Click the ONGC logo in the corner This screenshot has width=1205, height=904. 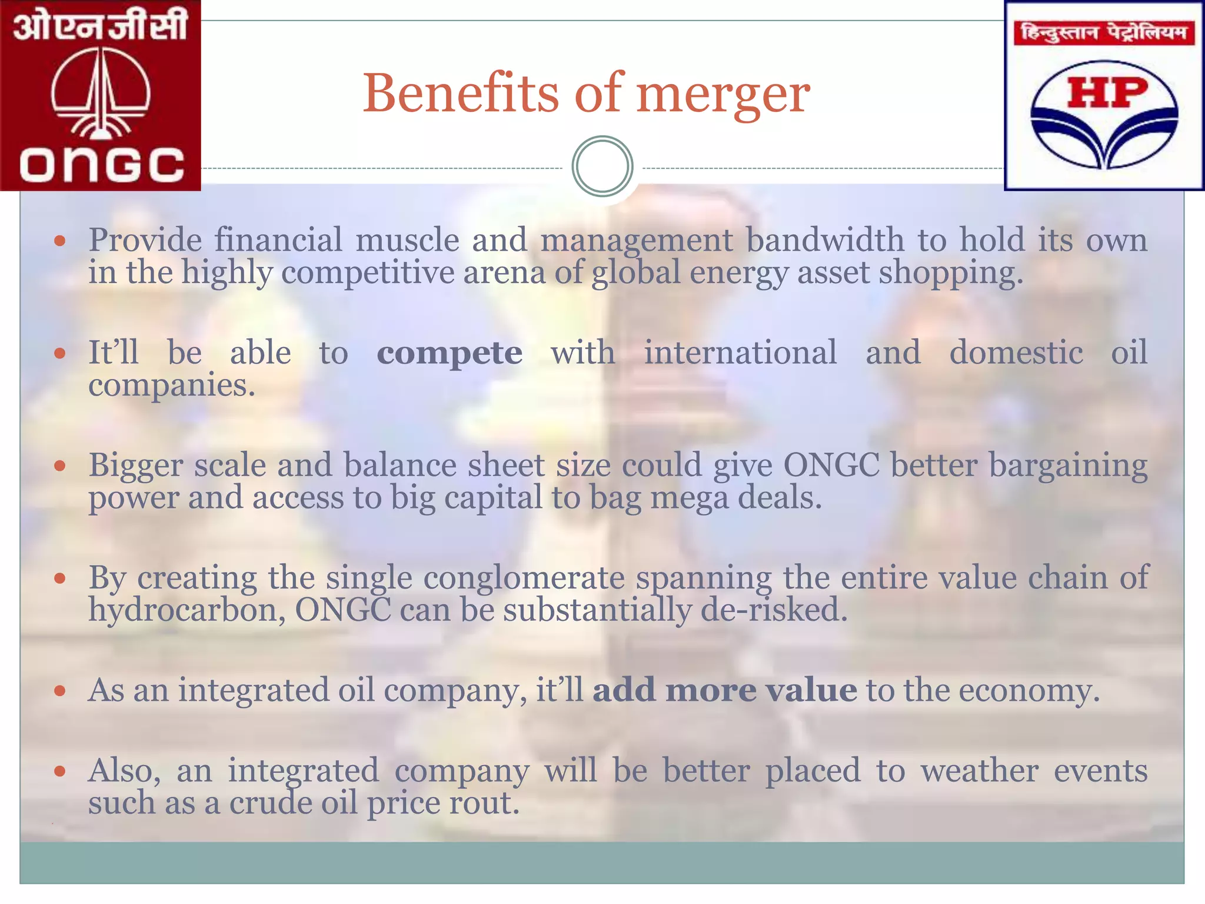[101, 95]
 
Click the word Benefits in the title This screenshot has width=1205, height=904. [460, 94]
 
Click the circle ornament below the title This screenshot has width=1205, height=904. [602, 167]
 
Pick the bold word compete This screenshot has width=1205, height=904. [450, 353]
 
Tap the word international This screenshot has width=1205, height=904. [740, 353]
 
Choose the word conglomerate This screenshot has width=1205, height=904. [524, 578]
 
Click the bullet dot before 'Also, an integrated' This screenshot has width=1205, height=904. [59, 771]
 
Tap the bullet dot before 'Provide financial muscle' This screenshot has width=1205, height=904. [59, 240]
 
